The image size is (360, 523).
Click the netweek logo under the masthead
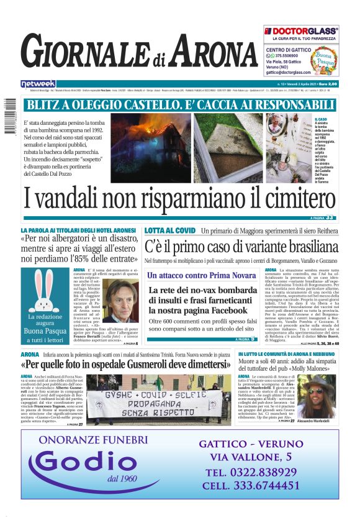click(x=38, y=84)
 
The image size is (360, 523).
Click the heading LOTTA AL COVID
click(x=169, y=230)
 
